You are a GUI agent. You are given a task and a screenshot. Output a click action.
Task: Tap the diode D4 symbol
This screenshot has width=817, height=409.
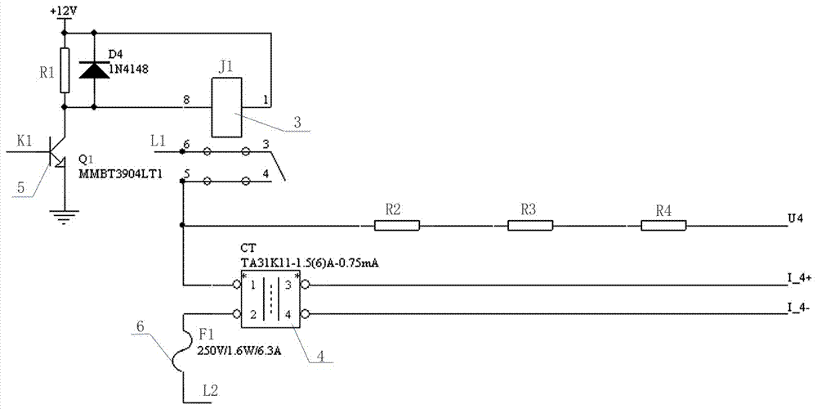tap(94, 70)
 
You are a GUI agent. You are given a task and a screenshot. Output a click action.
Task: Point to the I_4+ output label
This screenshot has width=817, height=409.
tap(798, 278)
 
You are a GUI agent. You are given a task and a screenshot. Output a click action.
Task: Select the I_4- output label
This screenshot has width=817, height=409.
tap(797, 308)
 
